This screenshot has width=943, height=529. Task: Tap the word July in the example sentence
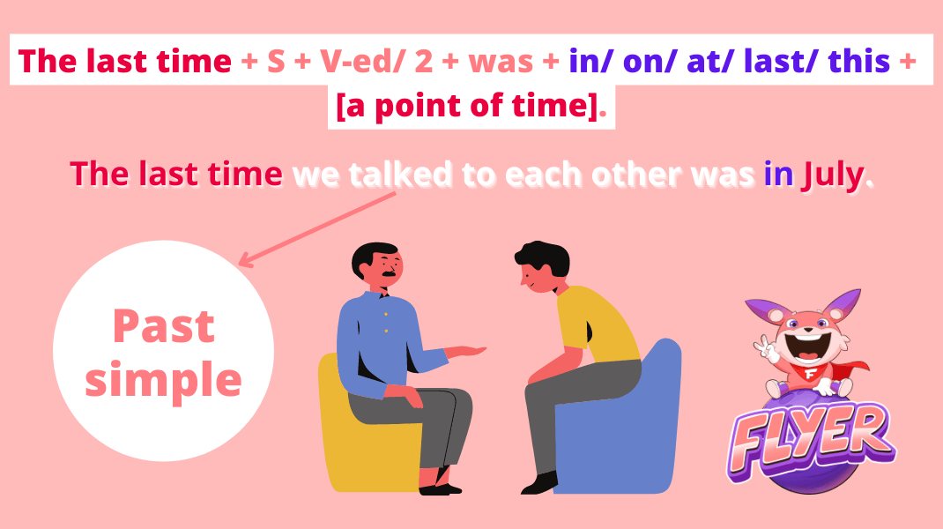[x=834, y=175]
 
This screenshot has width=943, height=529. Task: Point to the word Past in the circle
[x=164, y=327]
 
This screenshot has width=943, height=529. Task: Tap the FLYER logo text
[x=813, y=437]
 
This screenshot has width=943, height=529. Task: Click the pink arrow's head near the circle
[x=244, y=262]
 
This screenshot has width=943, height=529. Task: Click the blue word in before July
[x=778, y=175]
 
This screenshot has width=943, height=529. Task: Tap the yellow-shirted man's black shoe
[x=539, y=482]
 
